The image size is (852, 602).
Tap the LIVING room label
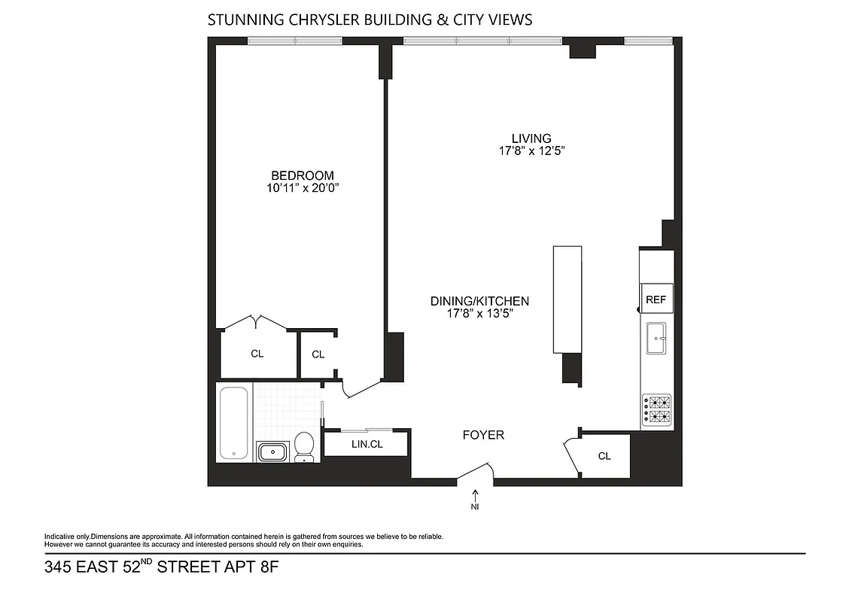(x=531, y=138)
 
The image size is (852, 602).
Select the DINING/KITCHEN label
(x=479, y=301)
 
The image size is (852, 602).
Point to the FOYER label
(x=483, y=435)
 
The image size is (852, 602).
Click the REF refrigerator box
(x=656, y=299)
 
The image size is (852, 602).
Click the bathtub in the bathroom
(x=234, y=422)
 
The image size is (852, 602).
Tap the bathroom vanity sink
(x=272, y=451)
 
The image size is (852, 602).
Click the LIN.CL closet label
(x=367, y=445)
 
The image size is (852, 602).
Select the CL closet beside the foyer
(x=604, y=456)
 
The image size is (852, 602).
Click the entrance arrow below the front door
(x=475, y=494)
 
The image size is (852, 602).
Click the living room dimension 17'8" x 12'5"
(x=531, y=151)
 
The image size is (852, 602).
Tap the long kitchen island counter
(x=567, y=299)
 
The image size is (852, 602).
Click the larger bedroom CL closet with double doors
(x=257, y=353)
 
